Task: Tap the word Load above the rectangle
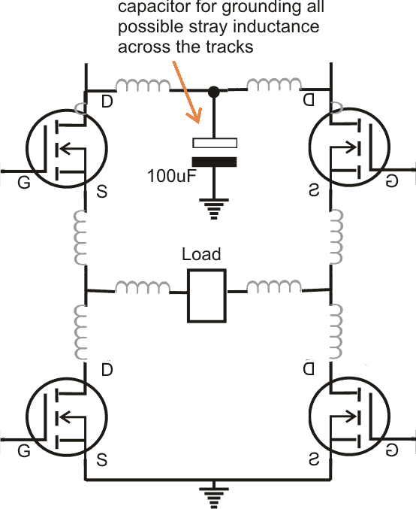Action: pyautogui.click(x=202, y=254)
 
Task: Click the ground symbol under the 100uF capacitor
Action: pyautogui.click(x=214, y=208)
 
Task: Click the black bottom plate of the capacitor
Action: pyautogui.click(x=215, y=161)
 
